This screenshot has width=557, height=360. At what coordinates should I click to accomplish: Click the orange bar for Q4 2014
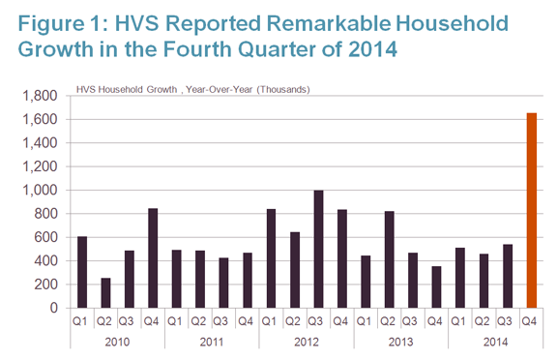click(x=532, y=210)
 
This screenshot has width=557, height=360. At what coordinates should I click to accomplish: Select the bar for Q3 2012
click(x=319, y=249)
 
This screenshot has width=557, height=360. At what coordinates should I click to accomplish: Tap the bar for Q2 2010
click(x=105, y=293)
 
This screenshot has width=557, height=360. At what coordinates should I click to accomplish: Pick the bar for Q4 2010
click(x=153, y=258)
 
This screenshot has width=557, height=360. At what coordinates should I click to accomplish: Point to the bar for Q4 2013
click(x=437, y=287)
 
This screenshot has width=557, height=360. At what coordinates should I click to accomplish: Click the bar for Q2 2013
click(x=390, y=259)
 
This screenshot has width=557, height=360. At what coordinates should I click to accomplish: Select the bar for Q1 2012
click(x=272, y=258)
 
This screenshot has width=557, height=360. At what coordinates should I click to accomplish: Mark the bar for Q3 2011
click(x=223, y=283)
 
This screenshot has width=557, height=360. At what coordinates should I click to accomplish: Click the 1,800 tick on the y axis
click(x=40, y=96)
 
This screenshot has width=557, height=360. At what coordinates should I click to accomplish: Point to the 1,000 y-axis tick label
click(x=40, y=191)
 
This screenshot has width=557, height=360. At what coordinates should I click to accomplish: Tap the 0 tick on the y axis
click(x=53, y=308)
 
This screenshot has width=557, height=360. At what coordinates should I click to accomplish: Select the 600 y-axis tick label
click(x=45, y=237)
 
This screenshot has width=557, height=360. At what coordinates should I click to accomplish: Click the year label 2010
click(x=117, y=342)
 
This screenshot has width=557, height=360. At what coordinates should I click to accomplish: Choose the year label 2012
click(x=307, y=342)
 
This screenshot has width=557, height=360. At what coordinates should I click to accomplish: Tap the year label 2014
click(x=495, y=342)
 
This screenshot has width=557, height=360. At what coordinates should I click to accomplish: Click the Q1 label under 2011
click(x=174, y=321)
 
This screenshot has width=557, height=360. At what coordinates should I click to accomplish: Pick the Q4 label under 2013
click(x=434, y=321)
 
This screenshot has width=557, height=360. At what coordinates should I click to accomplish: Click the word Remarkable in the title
click(x=328, y=23)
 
